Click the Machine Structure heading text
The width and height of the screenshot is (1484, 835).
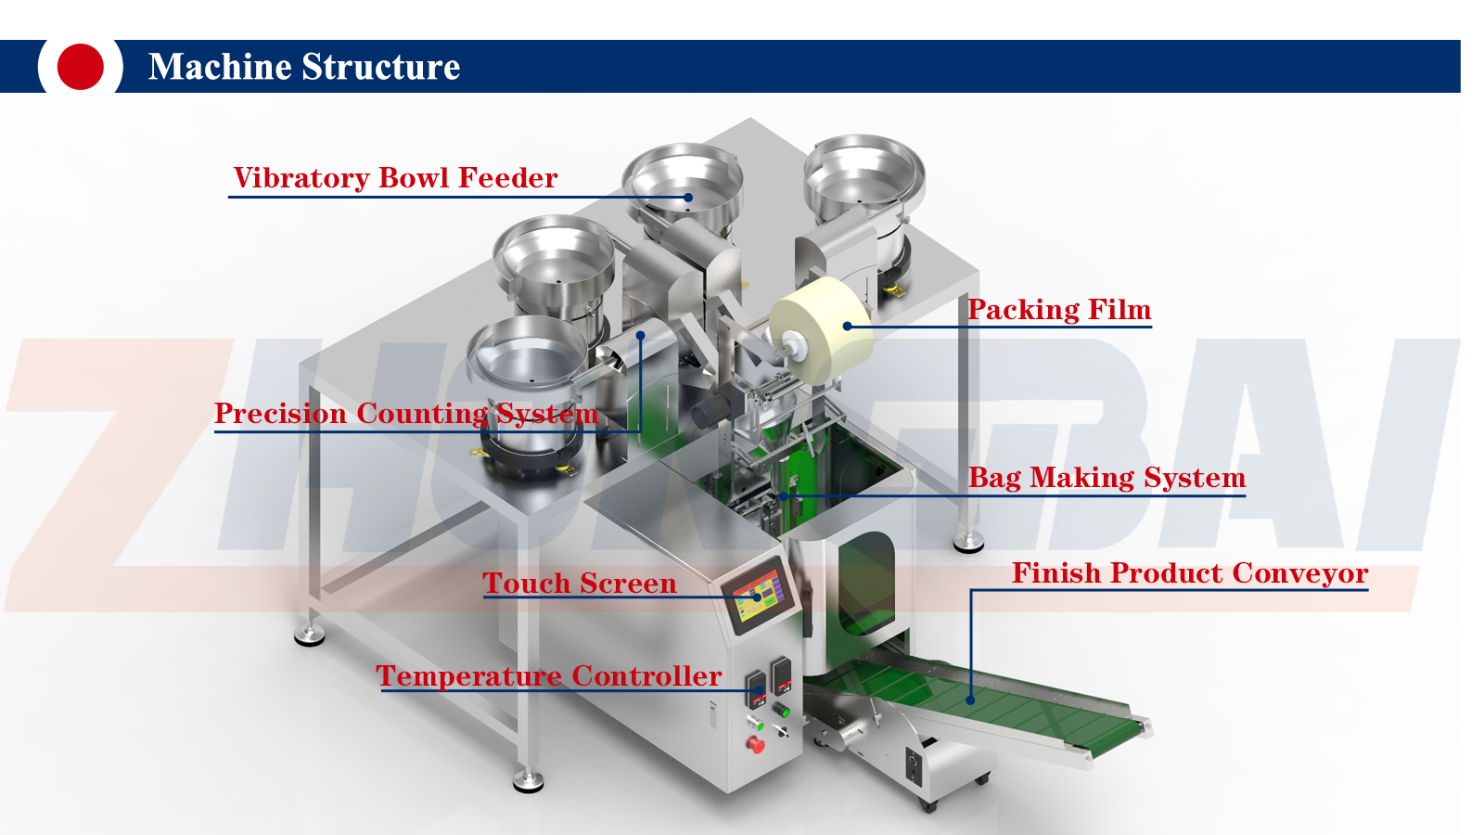(303, 67)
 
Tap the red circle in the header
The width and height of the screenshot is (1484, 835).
(80, 67)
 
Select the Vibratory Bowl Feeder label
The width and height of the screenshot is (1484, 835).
(395, 177)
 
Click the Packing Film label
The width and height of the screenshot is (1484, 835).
(1059, 309)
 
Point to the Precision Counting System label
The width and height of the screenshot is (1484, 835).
(405, 413)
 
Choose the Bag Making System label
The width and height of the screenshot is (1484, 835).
(1107, 477)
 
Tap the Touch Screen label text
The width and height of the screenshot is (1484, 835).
(580, 583)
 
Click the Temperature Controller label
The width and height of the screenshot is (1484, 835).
(548, 675)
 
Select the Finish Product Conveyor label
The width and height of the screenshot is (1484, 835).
(1189, 572)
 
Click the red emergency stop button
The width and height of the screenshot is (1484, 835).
(756, 744)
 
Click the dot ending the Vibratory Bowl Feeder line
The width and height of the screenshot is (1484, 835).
(688, 197)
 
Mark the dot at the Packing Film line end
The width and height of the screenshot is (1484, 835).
(847, 326)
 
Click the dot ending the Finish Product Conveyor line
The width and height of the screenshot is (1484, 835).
(971, 700)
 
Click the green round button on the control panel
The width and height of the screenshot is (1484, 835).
(784, 712)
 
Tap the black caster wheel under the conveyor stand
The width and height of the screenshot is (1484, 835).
(927, 804)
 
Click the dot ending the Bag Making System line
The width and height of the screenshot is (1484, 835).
(784, 496)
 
